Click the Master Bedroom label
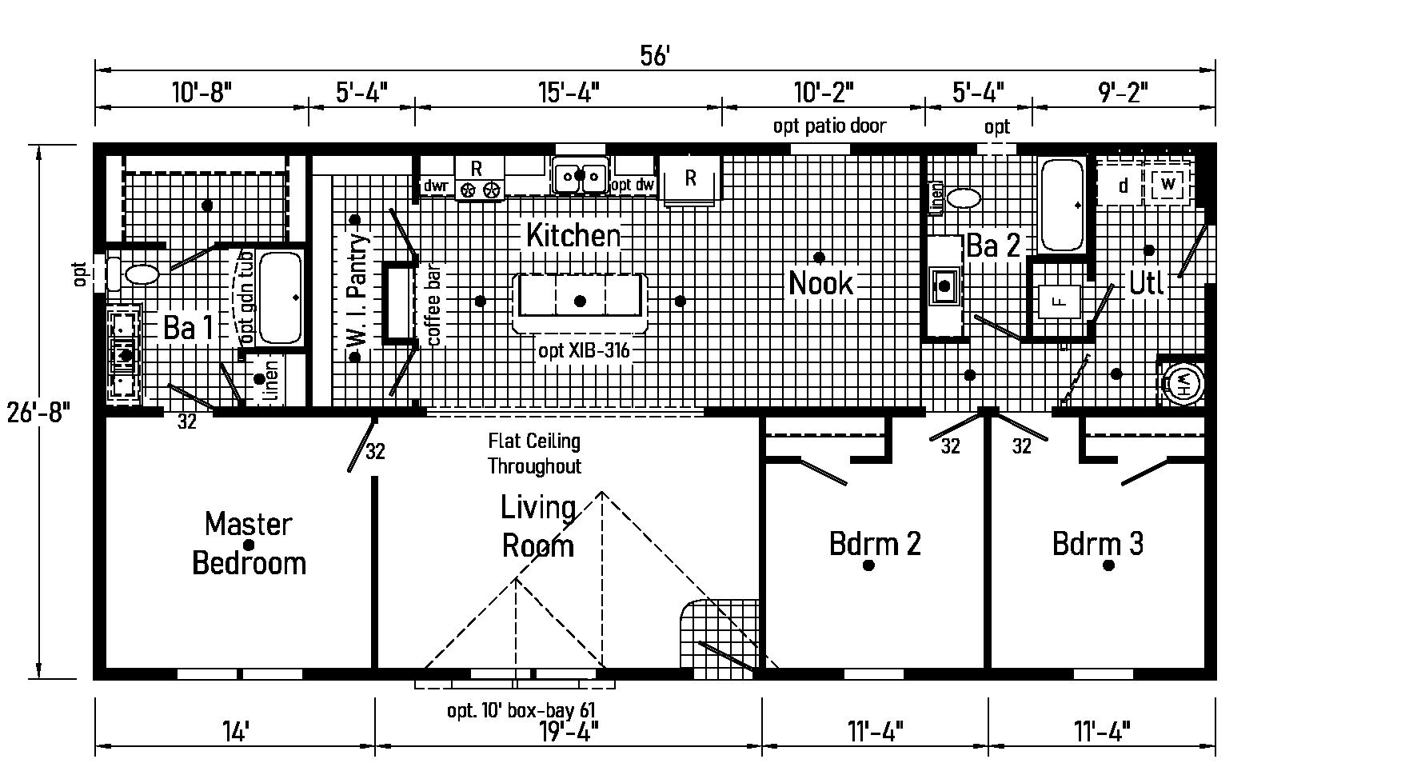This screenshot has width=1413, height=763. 249,543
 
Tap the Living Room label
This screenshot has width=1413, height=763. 537,526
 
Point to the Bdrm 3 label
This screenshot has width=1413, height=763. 1097,544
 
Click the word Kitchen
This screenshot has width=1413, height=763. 573,235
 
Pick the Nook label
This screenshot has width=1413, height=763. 820,283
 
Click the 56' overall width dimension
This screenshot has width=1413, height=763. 654,56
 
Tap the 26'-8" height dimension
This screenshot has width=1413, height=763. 39,413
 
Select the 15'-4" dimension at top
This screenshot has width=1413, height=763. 567,93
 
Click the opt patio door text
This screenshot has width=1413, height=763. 829,126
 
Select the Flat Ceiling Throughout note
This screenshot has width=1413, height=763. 534,453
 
